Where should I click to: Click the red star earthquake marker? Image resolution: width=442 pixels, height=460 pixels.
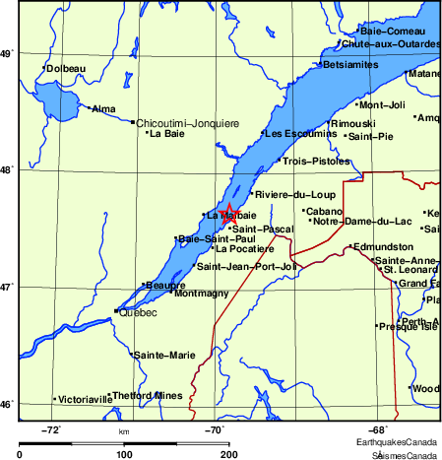click(227, 211)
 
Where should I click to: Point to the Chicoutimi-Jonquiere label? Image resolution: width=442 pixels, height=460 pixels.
click(187, 123)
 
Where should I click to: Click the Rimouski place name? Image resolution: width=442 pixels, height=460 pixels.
click(353, 123)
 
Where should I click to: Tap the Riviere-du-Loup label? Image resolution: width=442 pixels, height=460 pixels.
click(295, 194)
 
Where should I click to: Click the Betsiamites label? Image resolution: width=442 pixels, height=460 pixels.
click(350, 65)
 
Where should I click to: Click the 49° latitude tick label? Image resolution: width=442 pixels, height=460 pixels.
click(9, 53)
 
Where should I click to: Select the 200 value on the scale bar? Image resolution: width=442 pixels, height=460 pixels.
click(228, 454)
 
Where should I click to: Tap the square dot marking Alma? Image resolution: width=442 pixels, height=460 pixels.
click(89, 107)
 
